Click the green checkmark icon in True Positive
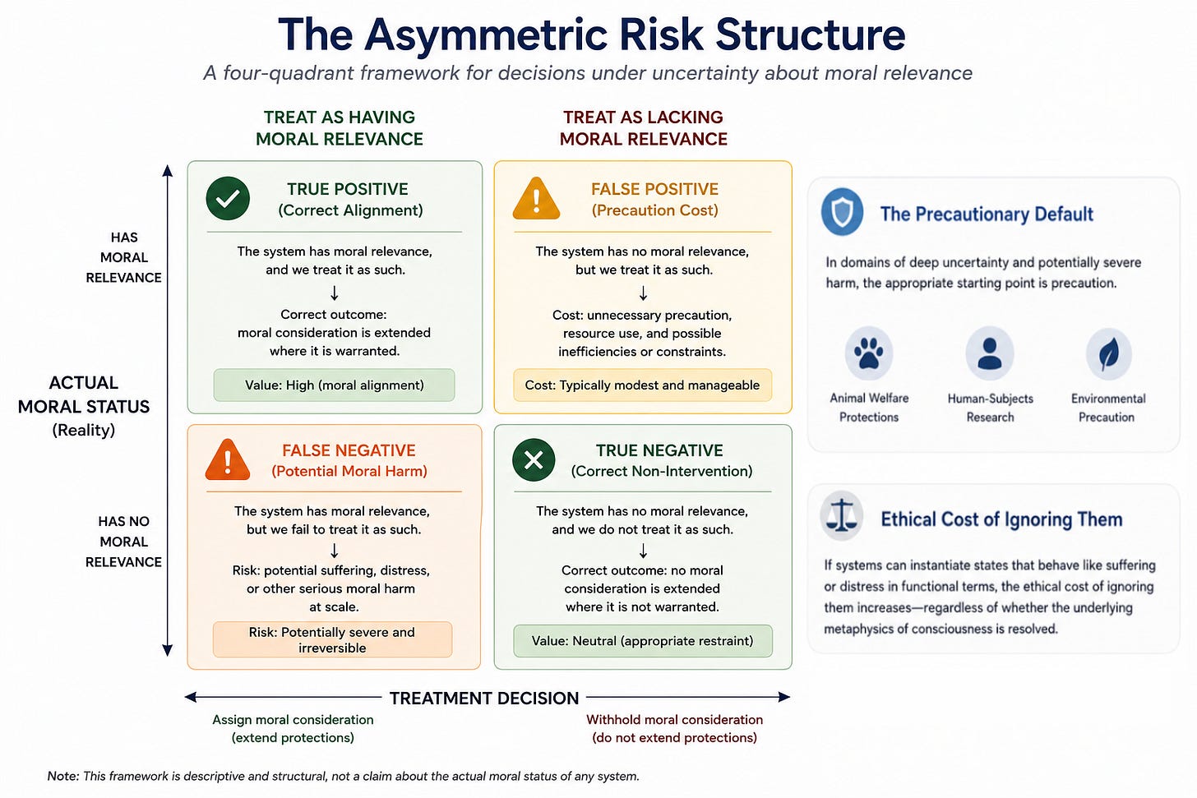pyautogui.click(x=228, y=198)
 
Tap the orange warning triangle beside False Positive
pyautogui.click(x=536, y=199)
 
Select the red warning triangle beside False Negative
pyautogui.click(x=228, y=460)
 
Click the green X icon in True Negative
pyautogui.click(x=534, y=460)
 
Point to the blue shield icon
pyautogui.click(x=842, y=211)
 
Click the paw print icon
pyautogui.click(x=868, y=353)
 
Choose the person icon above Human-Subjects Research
pyautogui.click(x=990, y=353)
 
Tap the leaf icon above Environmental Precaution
pyautogui.click(x=1109, y=353)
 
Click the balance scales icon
pyautogui.click(x=842, y=515)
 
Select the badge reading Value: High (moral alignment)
pyautogui.click(x=334, y=385)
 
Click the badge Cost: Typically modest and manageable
pyautogui.click(x=642, y=385)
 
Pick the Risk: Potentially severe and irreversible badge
pyautogui.click(x=332, y=639)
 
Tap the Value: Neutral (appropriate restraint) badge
pyautogui.click(x=642, y=640)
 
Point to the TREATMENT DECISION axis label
pyautogui.click(x=484, y=698)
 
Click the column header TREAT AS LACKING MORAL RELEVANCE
pyautogui.click(x=644, y=128)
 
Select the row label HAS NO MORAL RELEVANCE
pyautogui.click(x=123, y=542)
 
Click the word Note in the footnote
pyautogui.click(x=62, y=776)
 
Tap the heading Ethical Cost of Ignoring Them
pyautogui.click(x=1001, y=519)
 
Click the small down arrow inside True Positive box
pyautogui.click(x=334, y=293)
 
